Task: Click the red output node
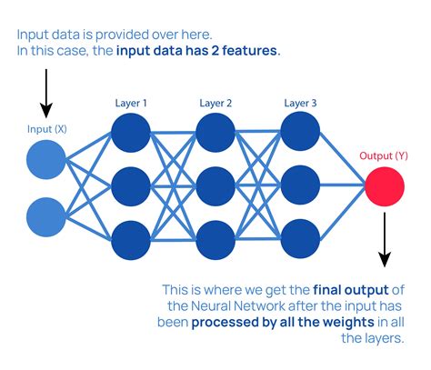384,187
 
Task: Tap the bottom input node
45,217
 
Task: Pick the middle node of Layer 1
130,187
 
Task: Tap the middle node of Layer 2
215,187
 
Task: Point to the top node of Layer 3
299,131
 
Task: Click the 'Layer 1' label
130,102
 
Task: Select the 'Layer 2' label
215,102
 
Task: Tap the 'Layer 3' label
299,102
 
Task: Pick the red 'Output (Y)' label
384,155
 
